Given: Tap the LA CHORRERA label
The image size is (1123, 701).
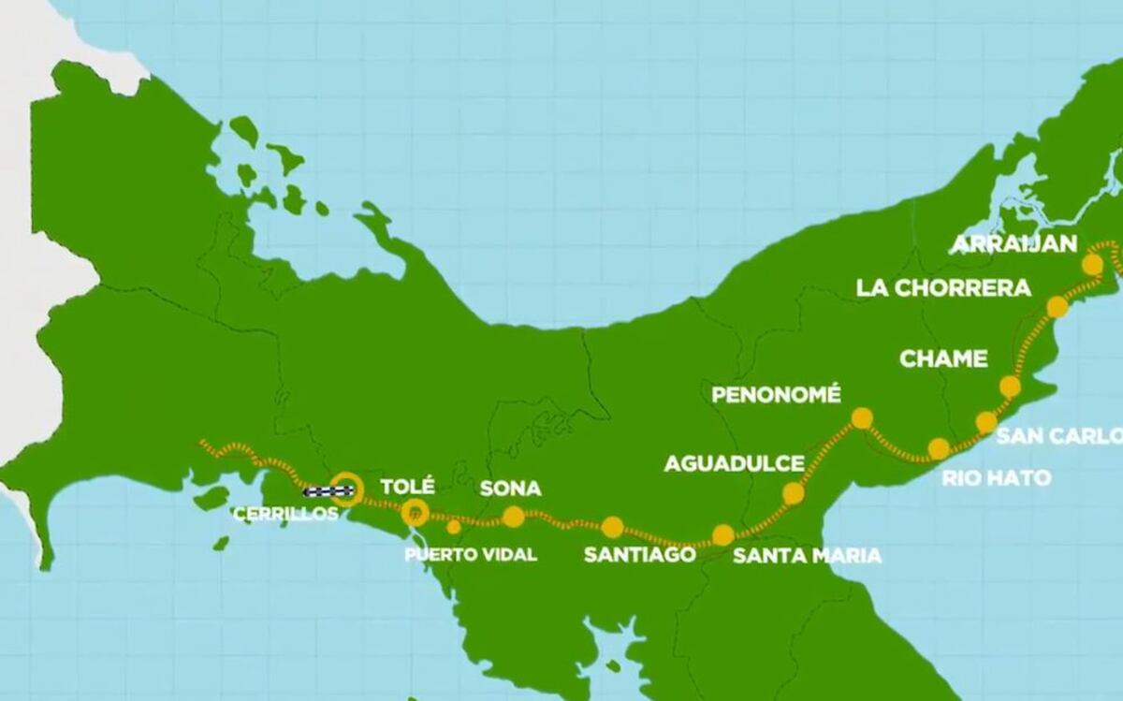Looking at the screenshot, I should point(943,288).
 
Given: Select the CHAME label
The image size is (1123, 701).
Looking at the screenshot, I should point(943,358).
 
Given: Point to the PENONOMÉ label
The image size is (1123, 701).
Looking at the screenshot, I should point(776,394).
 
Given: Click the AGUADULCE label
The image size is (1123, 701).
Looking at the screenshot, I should point(734,463).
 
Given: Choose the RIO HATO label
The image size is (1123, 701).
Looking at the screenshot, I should point(996,478).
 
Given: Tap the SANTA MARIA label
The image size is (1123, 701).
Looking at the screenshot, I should point(807,556).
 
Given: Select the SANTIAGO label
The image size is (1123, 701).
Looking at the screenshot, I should point(639,554).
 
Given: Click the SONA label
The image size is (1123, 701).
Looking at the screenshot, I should point(510,489).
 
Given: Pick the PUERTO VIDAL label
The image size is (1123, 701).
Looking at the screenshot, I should point(471,555).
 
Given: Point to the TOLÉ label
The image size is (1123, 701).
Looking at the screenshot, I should point(408,487).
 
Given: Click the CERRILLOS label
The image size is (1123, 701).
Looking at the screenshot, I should point(285,514).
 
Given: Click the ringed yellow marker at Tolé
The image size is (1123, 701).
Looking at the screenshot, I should point(415,512).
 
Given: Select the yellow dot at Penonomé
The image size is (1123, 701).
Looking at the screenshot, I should point(862,418).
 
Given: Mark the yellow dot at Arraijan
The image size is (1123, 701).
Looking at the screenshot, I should point(1092,265).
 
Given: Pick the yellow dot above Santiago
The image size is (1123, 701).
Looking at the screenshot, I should point(612,527).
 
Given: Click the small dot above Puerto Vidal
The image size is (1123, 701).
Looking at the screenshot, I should point(454,527).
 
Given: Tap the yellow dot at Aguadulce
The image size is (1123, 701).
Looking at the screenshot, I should point(794,493).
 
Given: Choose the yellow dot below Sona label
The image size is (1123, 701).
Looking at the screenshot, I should point(513,517).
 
